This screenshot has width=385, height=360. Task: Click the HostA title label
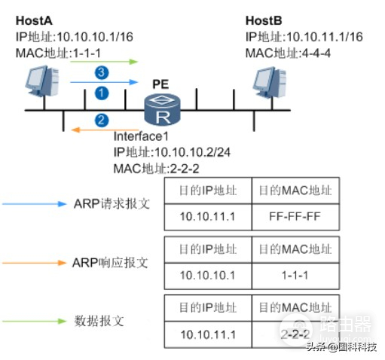pos(34,20)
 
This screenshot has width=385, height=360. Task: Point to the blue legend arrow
pos(38,204)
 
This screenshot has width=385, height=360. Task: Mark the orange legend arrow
pos(38,264)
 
